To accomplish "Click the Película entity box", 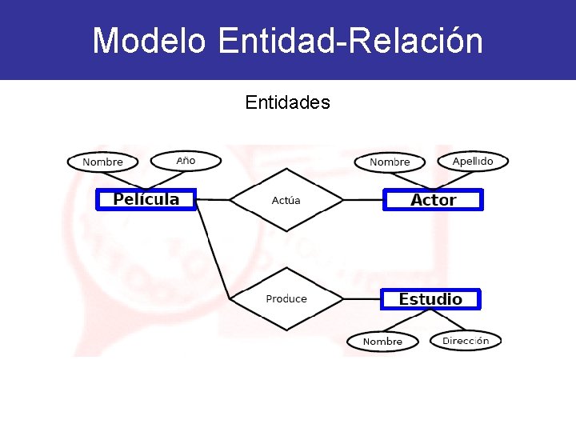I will [146, 199].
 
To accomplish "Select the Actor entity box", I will [433, 200].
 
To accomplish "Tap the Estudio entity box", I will [430, 299].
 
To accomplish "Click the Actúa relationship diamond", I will [286, 200].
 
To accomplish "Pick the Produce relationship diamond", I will [286, 298].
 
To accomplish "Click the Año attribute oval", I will [186, 161].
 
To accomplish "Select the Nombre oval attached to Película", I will [102, 162].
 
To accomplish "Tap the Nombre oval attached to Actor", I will [390, 162].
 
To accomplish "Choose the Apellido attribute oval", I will [473, 161].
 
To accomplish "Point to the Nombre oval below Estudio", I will [382, 342].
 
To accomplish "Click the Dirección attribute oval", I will [466, 340].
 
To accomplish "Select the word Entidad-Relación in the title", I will [350, 41].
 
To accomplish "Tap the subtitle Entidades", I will [287, 102].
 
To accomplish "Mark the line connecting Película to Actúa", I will [213, 199].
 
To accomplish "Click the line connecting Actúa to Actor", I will [362, 200].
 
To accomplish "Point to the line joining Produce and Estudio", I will [361, 299].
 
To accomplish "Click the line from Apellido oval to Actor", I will [457, 179].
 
